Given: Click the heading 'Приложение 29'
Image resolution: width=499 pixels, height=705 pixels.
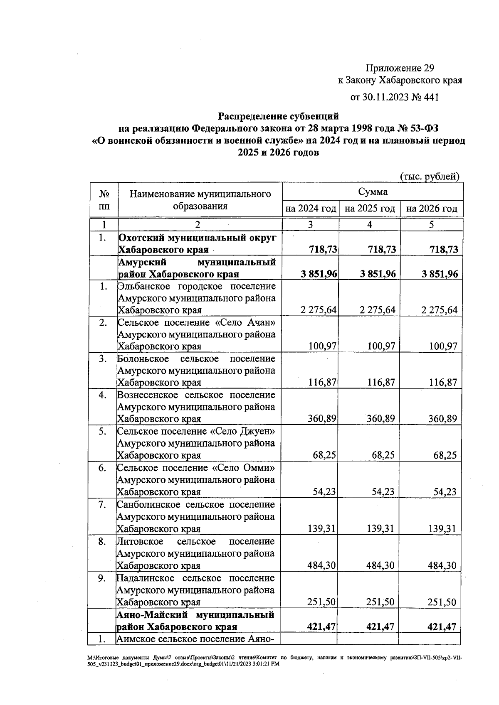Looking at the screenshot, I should point(400,68).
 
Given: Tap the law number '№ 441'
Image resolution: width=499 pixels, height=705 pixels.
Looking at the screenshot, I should point(425,97).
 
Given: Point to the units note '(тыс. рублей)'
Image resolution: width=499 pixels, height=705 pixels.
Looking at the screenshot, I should point(430,176).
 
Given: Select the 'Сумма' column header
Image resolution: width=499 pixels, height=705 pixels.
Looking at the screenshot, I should point(373,192).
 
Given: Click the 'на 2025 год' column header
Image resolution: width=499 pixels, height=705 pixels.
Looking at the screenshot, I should point(370,209).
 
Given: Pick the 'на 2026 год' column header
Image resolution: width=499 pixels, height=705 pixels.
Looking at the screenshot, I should point(432,209).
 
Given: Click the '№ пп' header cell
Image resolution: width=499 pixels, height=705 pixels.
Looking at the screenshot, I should point(104,200).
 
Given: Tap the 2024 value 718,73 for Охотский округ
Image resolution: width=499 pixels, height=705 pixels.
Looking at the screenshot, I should point(323,250).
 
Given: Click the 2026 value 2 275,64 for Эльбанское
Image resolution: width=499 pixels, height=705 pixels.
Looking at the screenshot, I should point(439,310).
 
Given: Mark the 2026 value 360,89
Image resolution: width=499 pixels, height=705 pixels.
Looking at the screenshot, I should point(442,419).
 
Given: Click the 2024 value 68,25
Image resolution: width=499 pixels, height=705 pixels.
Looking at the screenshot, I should point(324,455).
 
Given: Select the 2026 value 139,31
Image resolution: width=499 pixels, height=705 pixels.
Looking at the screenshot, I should point(442,529).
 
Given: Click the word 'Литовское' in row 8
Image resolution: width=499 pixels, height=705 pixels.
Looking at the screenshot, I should point(139,542).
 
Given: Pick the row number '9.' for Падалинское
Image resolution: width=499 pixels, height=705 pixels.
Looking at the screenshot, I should point(102,578).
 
